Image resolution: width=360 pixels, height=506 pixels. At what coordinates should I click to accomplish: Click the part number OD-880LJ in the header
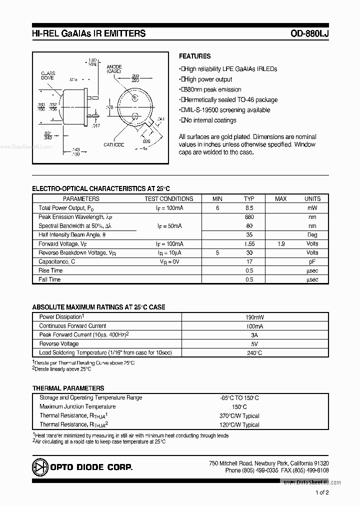(x=309, y=34)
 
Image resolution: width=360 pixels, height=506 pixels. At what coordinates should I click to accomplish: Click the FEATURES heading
(x=194, y=56)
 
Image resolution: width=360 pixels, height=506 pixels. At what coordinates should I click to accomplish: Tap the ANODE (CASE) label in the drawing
(x=114, y=68)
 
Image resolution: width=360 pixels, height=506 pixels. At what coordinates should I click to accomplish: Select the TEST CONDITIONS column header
(x=168, y=199)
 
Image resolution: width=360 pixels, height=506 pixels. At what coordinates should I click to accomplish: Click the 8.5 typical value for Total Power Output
(x=249, y=208)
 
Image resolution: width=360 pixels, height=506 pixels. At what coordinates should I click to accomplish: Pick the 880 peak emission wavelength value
(x=249, y=217)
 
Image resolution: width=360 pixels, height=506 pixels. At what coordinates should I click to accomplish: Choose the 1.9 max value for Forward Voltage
(x=281, y=244)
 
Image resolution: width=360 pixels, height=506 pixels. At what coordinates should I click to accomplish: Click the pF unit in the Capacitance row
(x=312, y=261)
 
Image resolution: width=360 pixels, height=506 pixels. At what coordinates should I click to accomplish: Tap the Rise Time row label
(x=50, y=270)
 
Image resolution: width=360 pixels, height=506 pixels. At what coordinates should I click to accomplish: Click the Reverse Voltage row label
(x=59, y=344)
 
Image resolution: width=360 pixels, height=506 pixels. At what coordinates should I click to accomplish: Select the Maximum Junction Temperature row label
(x=77, y=406)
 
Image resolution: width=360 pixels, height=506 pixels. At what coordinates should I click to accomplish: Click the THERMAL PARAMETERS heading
(x=68, y=388)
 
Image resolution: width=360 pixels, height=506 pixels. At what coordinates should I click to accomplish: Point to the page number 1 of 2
(x=322, y=492)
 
